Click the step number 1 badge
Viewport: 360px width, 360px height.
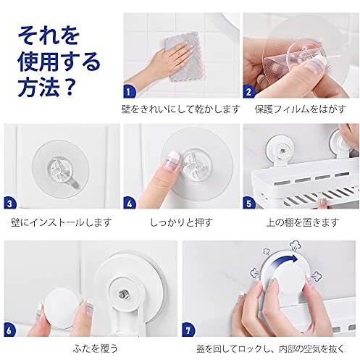[129, 91]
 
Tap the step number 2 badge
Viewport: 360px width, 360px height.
[248, 91]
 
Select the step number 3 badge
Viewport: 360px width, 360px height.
[9, 204]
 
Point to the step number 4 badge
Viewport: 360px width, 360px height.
[129, 204]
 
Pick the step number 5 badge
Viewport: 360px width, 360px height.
[248, 204]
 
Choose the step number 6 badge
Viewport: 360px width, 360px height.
[9, 330]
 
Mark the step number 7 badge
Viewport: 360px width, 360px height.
[188, 330]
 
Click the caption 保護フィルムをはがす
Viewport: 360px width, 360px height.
[300, 109]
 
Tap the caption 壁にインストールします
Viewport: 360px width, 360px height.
[62, 222]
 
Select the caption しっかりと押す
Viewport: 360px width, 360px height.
[182, 222]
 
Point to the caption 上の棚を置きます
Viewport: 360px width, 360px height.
[303, 222]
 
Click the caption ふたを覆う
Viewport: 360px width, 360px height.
[96, 348]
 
